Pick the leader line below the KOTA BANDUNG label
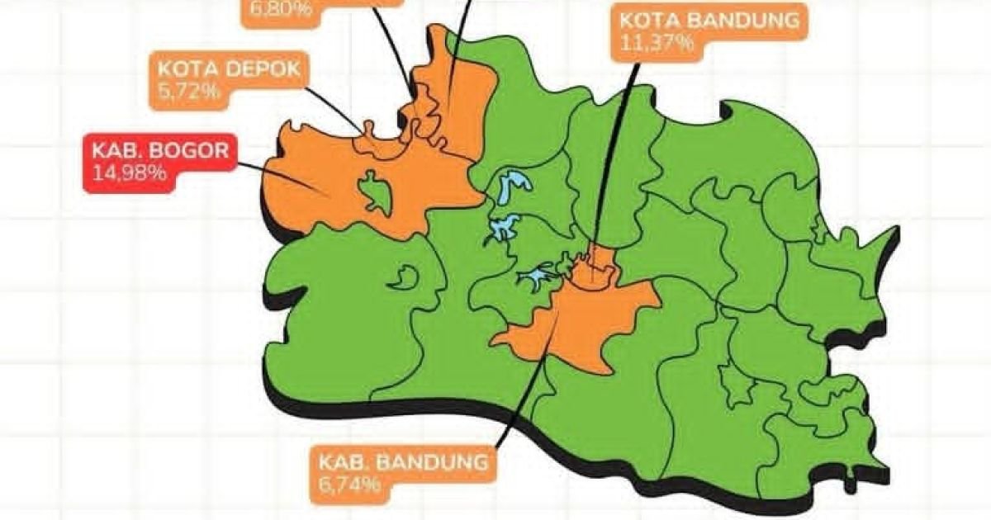(615, 149)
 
